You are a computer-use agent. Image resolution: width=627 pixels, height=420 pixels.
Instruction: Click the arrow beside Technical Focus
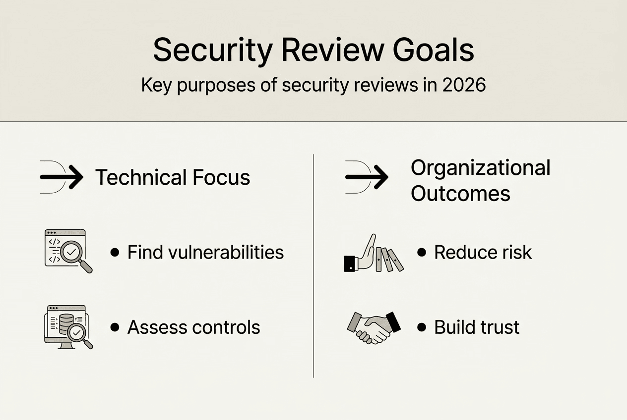coord(62,177)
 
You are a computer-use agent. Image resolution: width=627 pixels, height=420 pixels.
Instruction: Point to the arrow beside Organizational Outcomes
coord(367,177)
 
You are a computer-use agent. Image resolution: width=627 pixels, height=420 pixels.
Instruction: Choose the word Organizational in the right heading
coord(480,168)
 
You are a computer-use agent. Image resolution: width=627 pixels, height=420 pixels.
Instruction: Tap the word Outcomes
coord(460,194)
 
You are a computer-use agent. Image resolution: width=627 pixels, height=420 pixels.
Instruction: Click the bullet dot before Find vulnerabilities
coord(115,252)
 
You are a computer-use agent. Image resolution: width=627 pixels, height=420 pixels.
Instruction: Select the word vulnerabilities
coord(222,252)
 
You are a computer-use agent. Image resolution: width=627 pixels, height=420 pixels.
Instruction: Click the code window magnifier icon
coord(68,251)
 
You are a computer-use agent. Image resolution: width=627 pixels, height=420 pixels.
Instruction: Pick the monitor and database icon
coord(68,327)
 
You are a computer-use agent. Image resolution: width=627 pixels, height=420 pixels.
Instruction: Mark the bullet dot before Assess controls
coord(115,327)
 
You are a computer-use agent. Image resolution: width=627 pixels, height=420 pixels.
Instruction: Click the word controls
coord(229,327)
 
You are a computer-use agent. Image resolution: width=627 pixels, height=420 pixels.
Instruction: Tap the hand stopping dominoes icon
coord(373,253)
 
